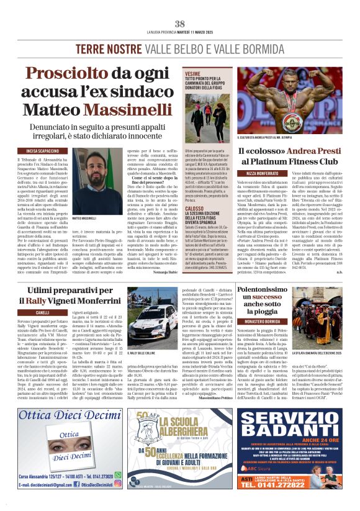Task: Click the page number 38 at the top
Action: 180,24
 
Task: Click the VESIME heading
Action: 193,73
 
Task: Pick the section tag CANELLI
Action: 43,312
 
